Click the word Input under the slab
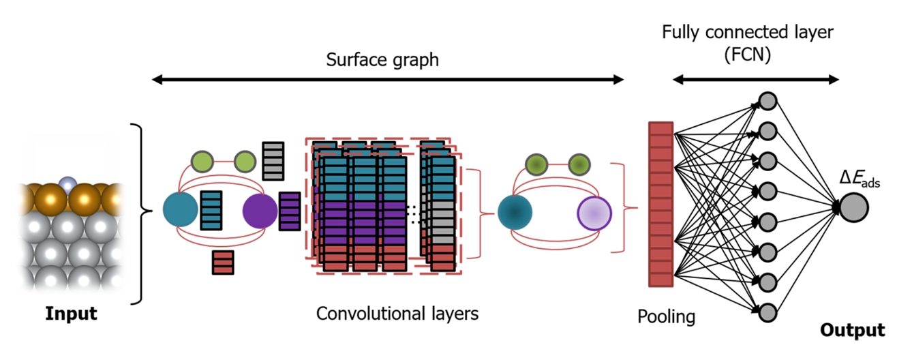click(71, 314)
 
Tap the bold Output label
click(853, 330)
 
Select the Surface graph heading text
click(382, 60)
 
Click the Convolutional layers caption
click(397, 314)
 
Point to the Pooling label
click(666, 316)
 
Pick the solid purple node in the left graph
click(260, 209)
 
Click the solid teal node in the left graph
click(180, 209)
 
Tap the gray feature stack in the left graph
click(273, 161)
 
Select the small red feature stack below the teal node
click(223, 262)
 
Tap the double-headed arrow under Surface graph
click(387, 80)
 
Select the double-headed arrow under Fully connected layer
click(756, 80)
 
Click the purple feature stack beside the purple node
click(290, 211)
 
